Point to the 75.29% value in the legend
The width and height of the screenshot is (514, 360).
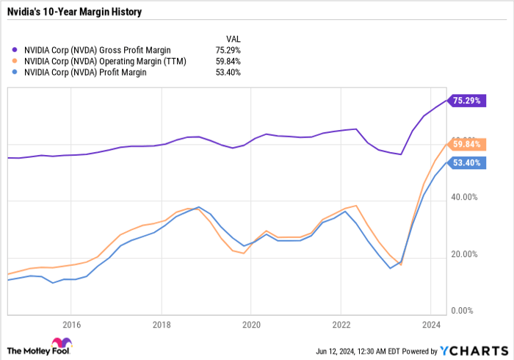227,50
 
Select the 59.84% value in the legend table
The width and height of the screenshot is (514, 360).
227,61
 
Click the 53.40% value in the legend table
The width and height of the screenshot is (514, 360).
227,72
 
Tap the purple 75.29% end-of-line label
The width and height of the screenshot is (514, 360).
467,101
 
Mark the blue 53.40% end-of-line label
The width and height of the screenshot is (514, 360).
467,162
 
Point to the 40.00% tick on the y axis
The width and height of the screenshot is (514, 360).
464,197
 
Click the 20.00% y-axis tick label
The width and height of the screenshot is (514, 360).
464,254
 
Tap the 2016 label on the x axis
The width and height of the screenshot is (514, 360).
71,323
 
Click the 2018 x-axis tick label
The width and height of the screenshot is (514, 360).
162,323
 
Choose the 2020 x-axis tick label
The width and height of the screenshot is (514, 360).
251,323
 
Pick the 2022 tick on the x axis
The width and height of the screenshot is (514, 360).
341,323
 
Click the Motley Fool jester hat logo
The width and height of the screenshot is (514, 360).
58,343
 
